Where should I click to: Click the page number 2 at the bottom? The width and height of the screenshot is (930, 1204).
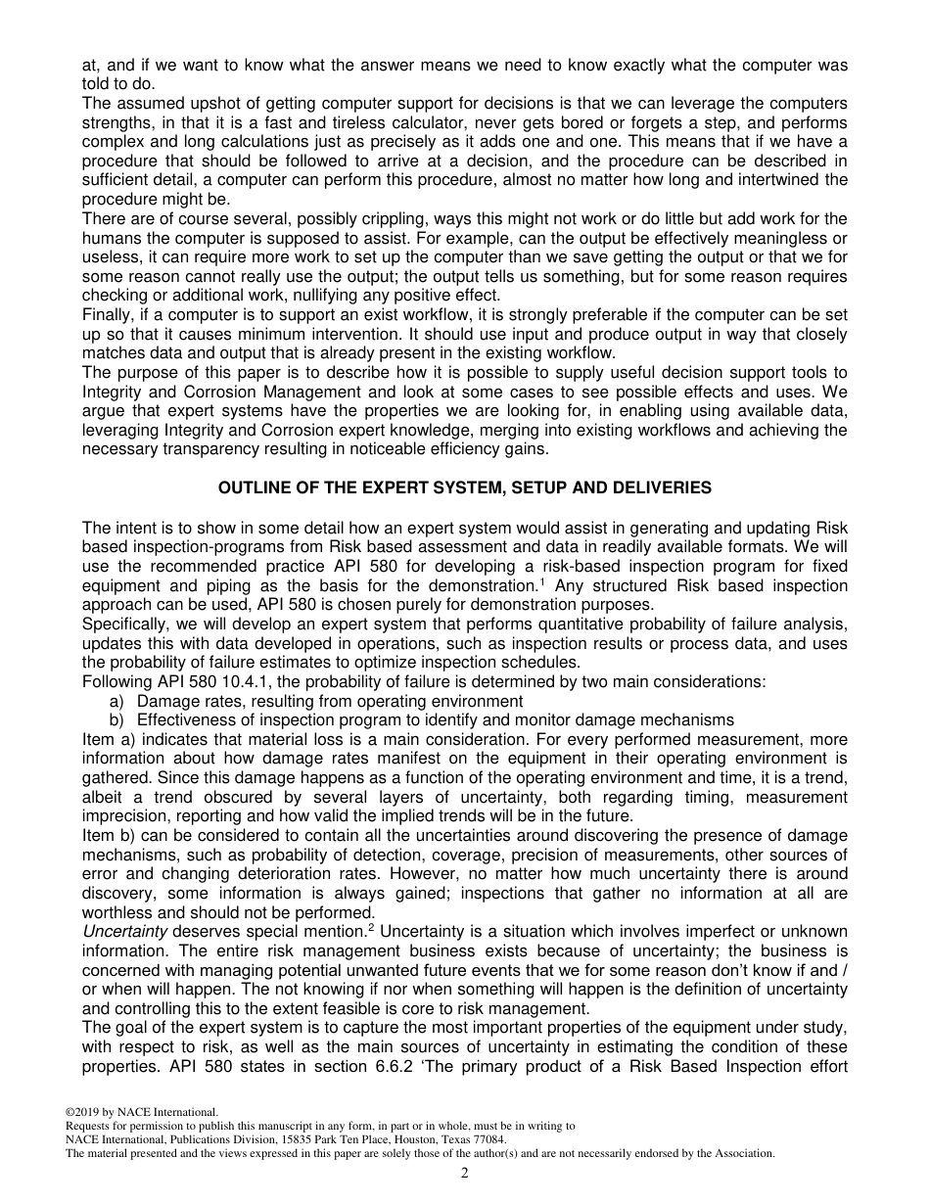click(465, 1174)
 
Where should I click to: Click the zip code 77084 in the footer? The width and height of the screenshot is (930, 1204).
click(487, 1139)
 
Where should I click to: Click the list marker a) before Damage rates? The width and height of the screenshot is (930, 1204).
click(116, 701)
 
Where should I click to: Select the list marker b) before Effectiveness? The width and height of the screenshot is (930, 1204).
click(116, 719)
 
